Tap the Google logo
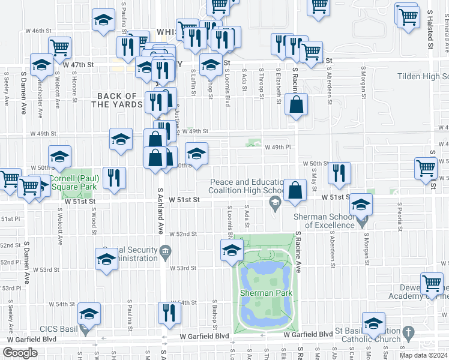pyautogui.click(x=20, y=353)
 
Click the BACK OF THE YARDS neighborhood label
pyautogui.click(x=117, y=100)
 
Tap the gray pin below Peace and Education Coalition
pyautogui.click(x=275, y=206)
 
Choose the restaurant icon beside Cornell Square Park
pyautogui.click(x=113, y=177)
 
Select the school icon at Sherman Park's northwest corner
pyautogui.click(x=232, y=250)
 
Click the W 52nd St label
pyautogui.click(x=182, y=234)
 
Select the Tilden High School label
pyautogui.click(x=423, y=77)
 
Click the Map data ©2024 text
pyautogui.click(x=424, y=355)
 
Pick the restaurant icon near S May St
pyautogui.click(x=339, y=173)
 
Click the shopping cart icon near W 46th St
pyautogui.click(x=61, y=47)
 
